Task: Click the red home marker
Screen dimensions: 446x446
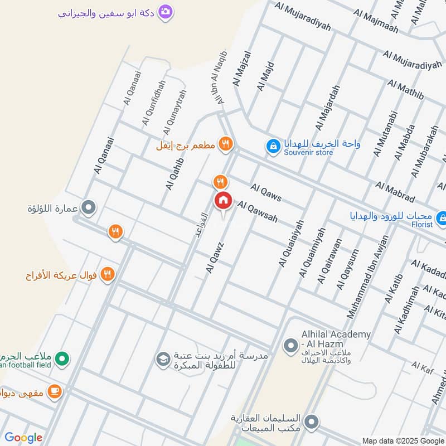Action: (223, 200)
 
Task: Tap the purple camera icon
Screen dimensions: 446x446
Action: (165, 12)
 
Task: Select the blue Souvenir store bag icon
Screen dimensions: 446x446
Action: (273, 146)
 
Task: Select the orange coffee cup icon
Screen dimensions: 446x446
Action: (54, 392)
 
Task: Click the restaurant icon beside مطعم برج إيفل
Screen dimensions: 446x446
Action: (225, 144)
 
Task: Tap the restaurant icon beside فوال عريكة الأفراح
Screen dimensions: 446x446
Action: (108, 274)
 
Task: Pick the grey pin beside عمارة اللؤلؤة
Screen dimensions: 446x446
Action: (88, 209)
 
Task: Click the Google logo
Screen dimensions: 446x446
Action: (23, 438)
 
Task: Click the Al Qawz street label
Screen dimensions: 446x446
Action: (215, 257)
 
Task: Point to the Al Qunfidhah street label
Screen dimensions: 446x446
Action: (154, 103)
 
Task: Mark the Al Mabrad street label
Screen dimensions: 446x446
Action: (395, 192)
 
